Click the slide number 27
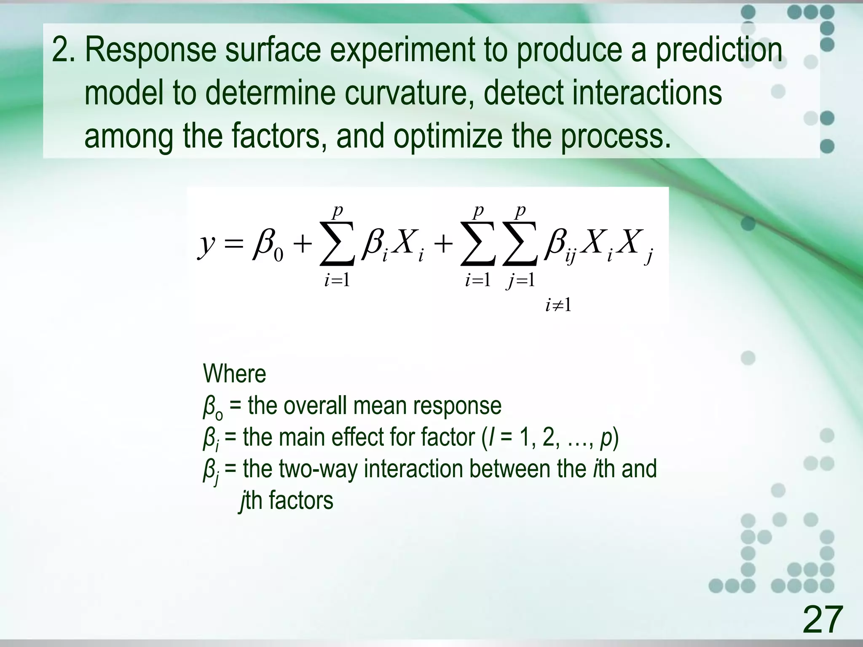(822, 619)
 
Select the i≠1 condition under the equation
(558, 305)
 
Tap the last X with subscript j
(635, 244)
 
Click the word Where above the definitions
(234, 374)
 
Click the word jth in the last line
(251, 501)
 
